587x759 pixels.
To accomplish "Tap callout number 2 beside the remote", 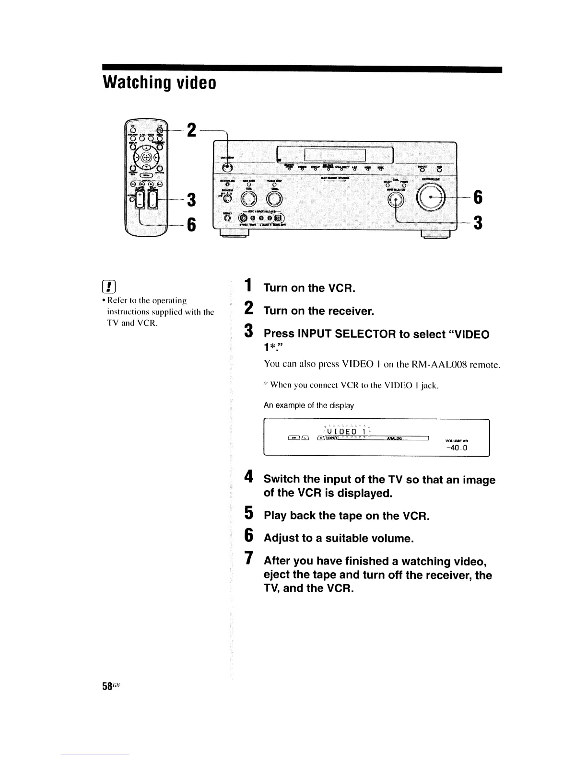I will pyautogui.click(x=191, y=129).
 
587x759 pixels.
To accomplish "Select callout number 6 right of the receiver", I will pyautogui.click(x=477, y=197).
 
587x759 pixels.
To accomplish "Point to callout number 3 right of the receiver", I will pyautogui.click(x=477, y=223).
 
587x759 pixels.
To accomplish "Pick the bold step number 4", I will pyautogui.click(x=248, y=478).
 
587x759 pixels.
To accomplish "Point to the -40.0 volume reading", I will pyautogui.click(x=456, y=448).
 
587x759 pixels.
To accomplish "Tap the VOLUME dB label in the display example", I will pyautogui.click(x=456, y=440).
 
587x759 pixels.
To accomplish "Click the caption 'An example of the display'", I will pyautogui.click(x=309, y=405).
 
